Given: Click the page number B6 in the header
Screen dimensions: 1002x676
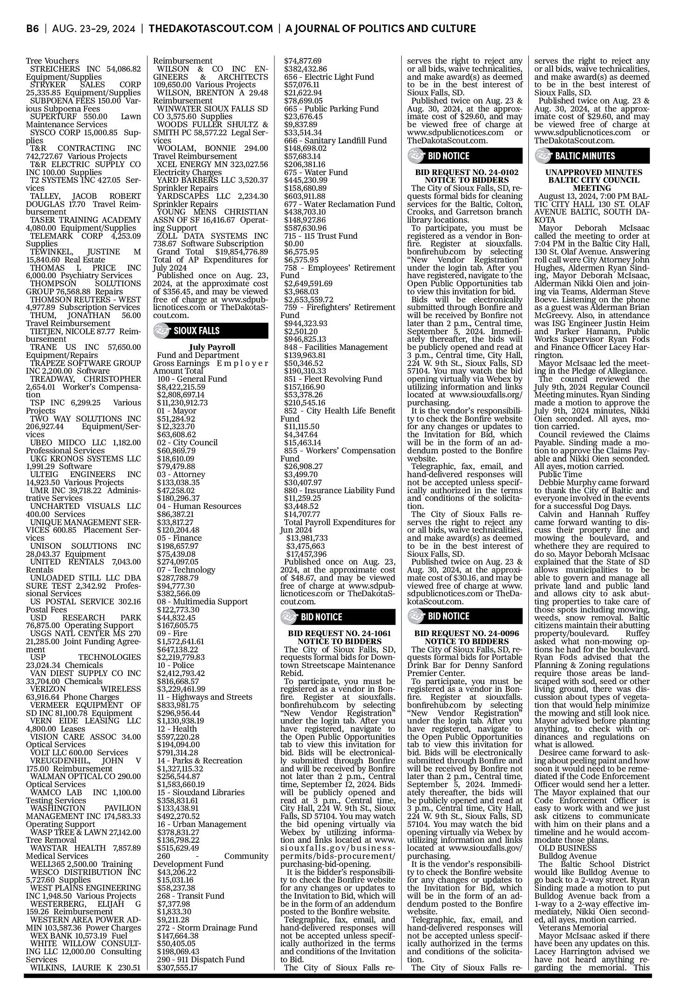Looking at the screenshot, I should pyautogui.click(x=32, y=29).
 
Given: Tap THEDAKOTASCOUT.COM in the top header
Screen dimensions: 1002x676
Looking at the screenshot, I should pyautogui.click(x=211, y=29).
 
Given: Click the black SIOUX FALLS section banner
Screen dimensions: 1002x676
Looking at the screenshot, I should pyautogui.click(x=211, y=331).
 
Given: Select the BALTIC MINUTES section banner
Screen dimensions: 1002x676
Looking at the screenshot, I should pyautogui.click(x=593, y=156).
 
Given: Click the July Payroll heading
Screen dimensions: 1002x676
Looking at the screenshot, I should pyautogui.click(x=212, y=347).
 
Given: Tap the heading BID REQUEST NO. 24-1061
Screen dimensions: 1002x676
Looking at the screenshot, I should pyautogui.click(x=339, y=633).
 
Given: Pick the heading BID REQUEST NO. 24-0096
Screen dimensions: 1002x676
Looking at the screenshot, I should pyautogui.click(x=466, y=633).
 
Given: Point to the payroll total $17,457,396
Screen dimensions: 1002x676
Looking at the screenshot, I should pyautogui.click(x=307, y=553).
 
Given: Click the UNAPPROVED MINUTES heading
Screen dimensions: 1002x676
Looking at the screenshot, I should pyautogui.click(x=593, y=172).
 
